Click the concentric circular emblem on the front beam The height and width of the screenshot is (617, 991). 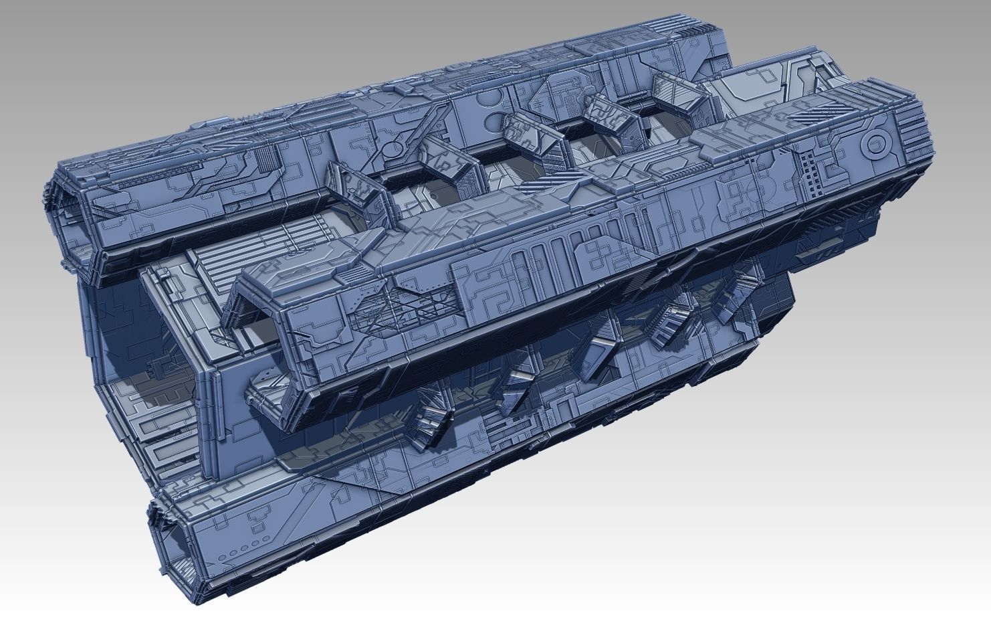point(874,143)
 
